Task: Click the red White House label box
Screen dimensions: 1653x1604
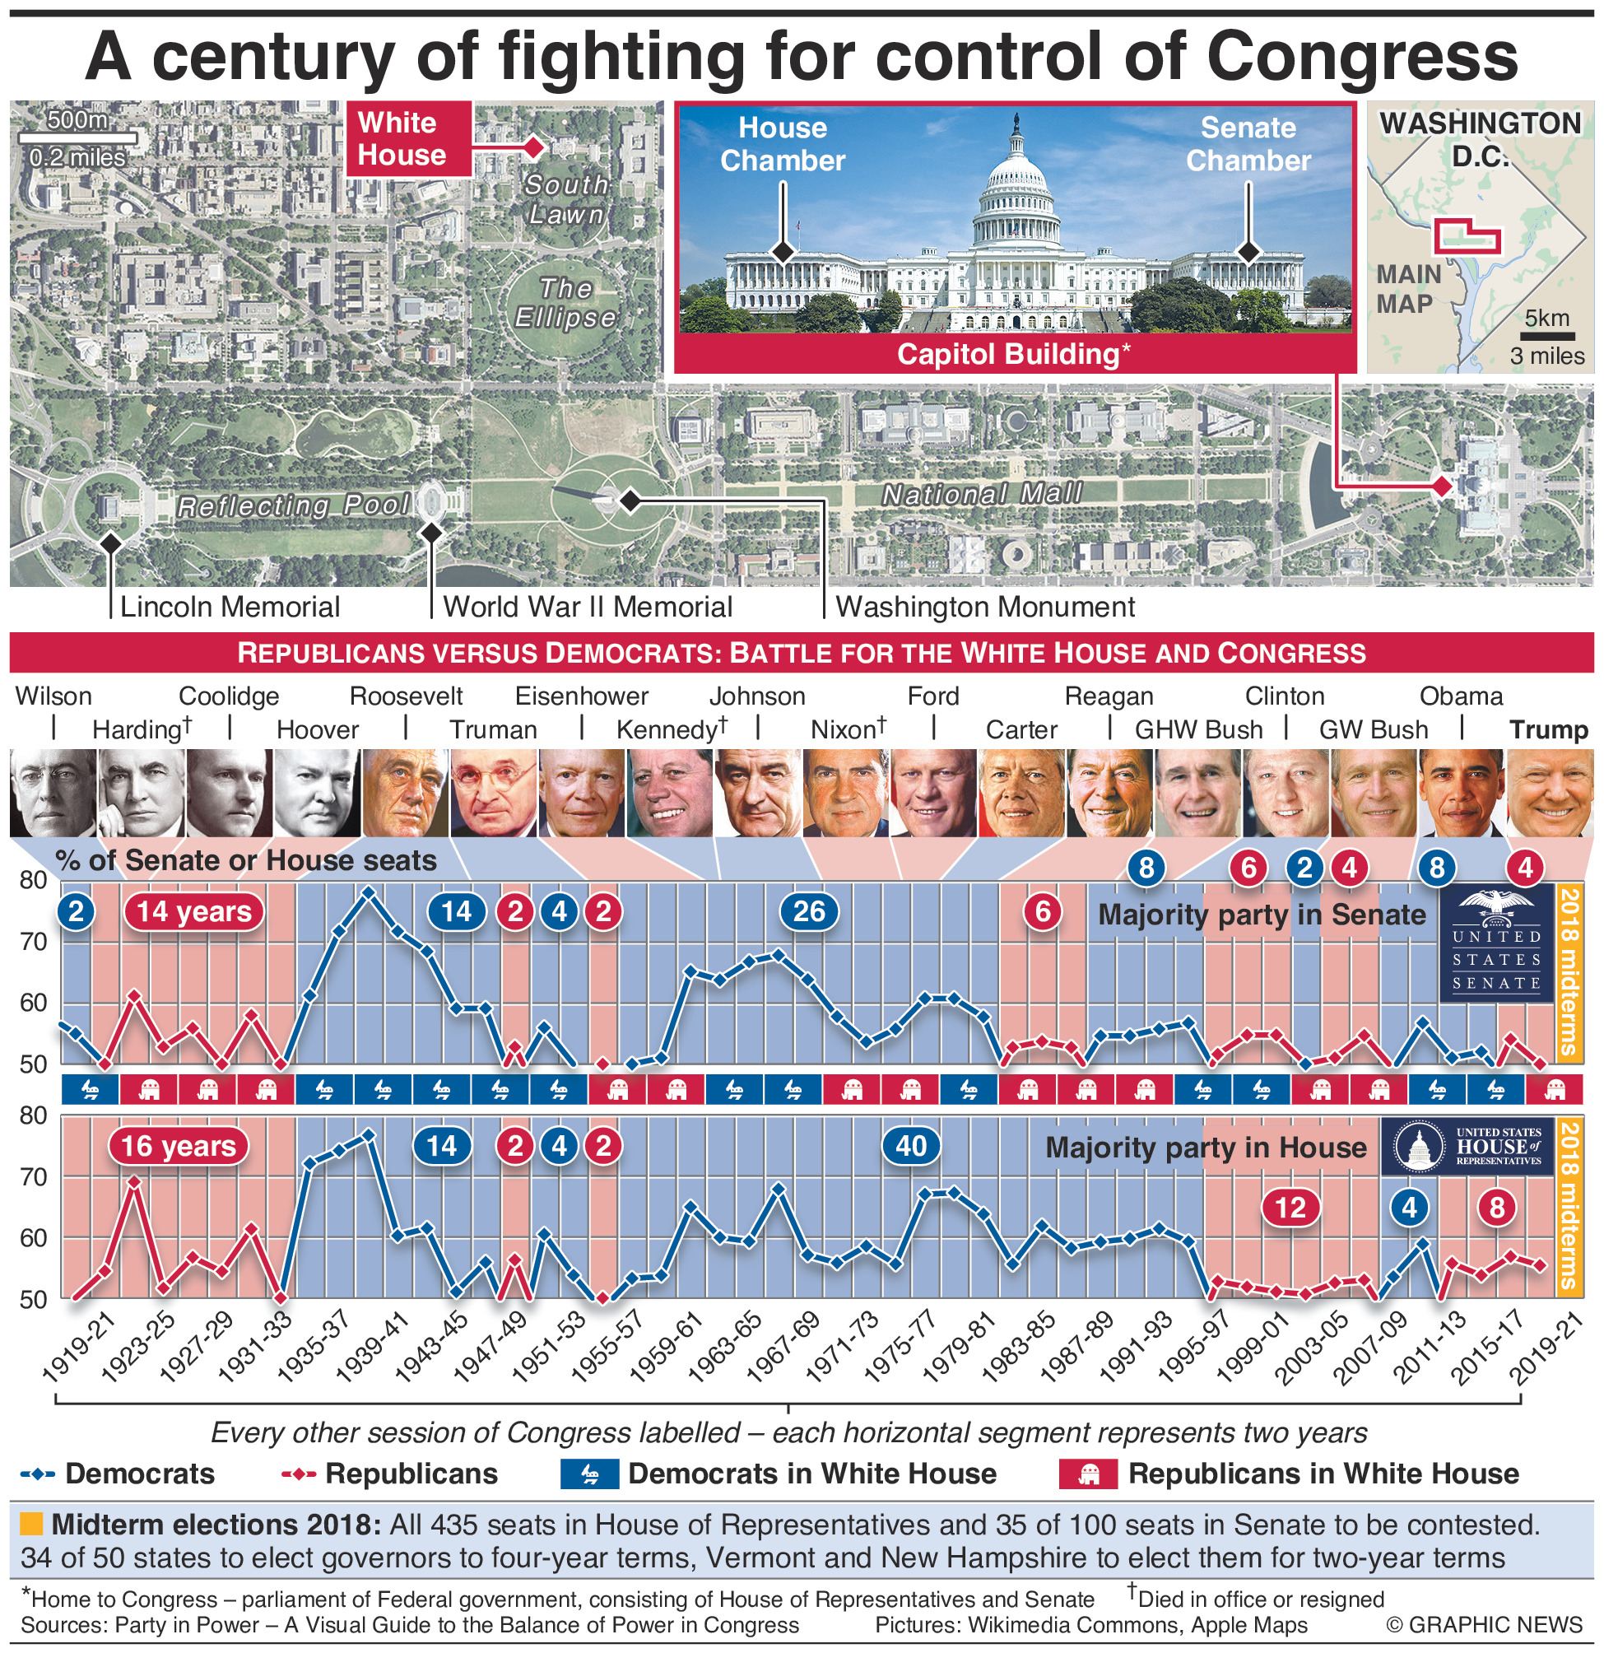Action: pyautogui.click(x=408, y=139)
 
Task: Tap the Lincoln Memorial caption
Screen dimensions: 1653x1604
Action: pyautogui.click(x=230, y=608)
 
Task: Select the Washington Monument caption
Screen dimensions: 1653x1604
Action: pyautogui.click(x=985, y=608)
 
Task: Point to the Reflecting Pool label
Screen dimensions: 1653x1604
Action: pyautogui.click(x=293, y=506)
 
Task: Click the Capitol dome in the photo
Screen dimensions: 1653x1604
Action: pyautogui.click(x=1016, y=181)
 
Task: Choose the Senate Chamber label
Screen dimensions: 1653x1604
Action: pyautogui.click(x=1248, y=144)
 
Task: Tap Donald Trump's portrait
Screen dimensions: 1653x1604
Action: pyautogui.click(x=1549, y=793)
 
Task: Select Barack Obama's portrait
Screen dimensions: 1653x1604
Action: pyautogui.click(x=1462, y=793)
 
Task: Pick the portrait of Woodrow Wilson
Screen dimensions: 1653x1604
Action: pyautogui.click(x=53, y=793)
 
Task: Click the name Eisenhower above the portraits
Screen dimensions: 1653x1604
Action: pyautogui.click(x=582, y=696)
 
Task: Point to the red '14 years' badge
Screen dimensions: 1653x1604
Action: pyautogui.click(x=194, y=911)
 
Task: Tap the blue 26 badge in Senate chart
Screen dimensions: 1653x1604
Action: pyautogui.click(x=809, y=911)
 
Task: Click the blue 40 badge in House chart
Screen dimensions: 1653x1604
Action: pyautogui.click(x=911, y=1146)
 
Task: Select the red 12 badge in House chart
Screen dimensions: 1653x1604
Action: pyautogui.click(x=1290, y=1208)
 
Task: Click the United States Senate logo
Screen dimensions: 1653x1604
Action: pyautogui.click(x=1496, y=942)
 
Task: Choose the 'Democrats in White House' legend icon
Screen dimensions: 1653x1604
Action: pyautogui.click(x=589, y=1474)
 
